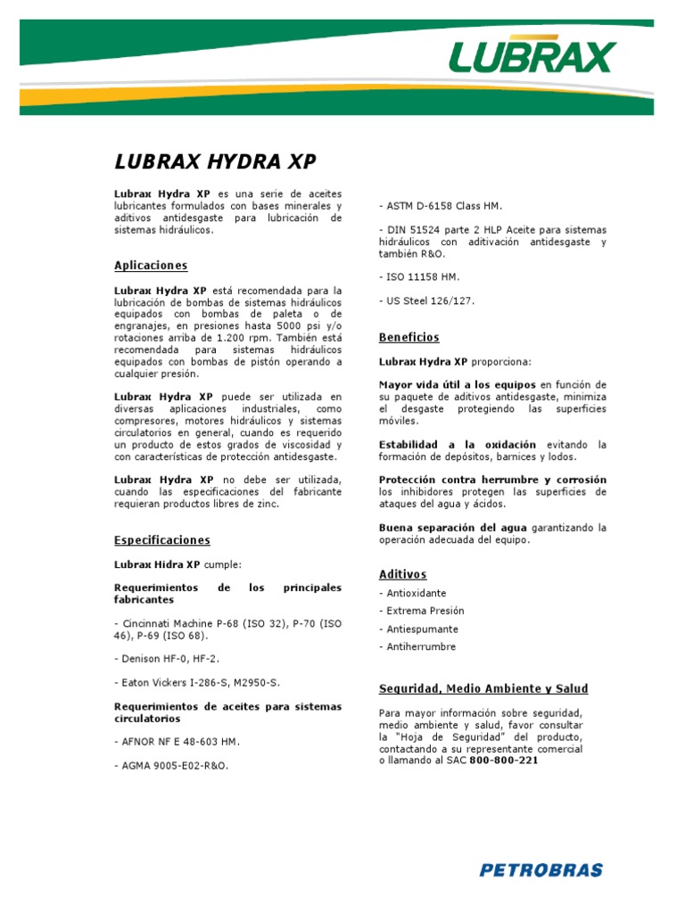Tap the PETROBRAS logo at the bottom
click(541, 869)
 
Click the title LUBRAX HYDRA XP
click(215, 161)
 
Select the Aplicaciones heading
click(151, 266)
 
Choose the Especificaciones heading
click(162, 540)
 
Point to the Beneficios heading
click(409, 338)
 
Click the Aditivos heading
click(402, 575)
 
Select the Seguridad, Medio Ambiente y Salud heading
click(483, 689)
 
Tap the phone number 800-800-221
click(504, 761)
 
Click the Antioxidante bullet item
click(412, 594)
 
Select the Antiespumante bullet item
click(417, 629)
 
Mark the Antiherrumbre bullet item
click(417, 647)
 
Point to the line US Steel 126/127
click(426, 301)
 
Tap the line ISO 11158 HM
click(419, 277)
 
